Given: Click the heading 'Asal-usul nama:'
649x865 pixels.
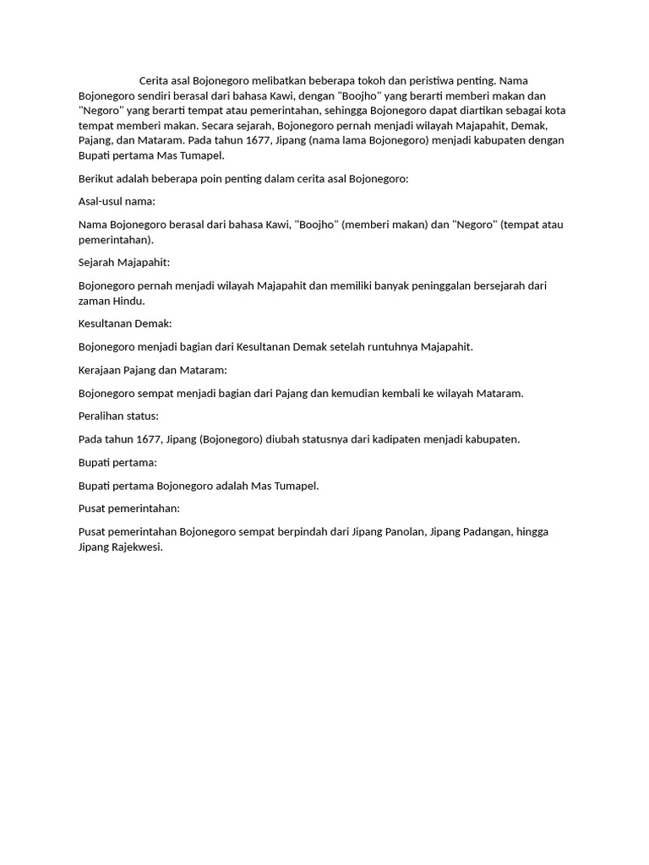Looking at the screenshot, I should click(117, 201).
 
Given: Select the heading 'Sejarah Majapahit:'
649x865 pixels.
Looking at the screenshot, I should click(124, 263).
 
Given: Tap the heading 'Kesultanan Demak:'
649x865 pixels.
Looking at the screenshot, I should click(125, 324).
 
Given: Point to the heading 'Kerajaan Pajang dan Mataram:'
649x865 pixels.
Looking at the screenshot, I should click(153, 370).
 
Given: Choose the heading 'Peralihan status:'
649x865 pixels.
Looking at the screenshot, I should click(118, 416).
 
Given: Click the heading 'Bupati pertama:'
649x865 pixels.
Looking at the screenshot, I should click(117, 462).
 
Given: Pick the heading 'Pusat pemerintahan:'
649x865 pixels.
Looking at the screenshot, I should click(129, 509).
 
